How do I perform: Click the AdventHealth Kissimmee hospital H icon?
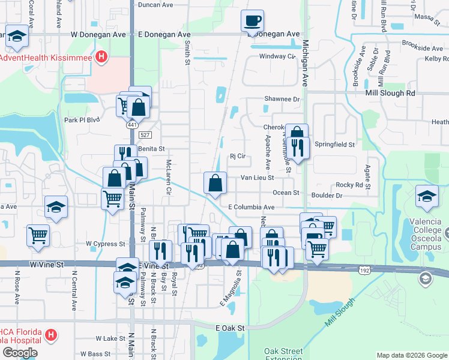click(x=102, y=58)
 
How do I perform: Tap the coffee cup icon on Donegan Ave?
click(x=252, y=21)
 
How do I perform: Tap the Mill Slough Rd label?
click(x=390, y=94)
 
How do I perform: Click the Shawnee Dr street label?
click(x=282, y=99)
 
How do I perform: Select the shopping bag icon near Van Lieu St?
click(x=215, y=183)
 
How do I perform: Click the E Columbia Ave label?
click(x=251, y=207)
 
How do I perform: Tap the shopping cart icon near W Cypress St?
click(x=38, y=235)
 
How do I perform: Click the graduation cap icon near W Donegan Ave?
click(x=17, y=37)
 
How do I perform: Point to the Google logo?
click(x=20, y=352)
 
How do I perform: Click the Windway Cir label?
click(x=277, y=56)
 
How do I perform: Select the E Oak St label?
click(x=231, y=328)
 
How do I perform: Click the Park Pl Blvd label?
click(x=81, y=119)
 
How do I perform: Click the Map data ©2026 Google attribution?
click(x=411, y=355)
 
